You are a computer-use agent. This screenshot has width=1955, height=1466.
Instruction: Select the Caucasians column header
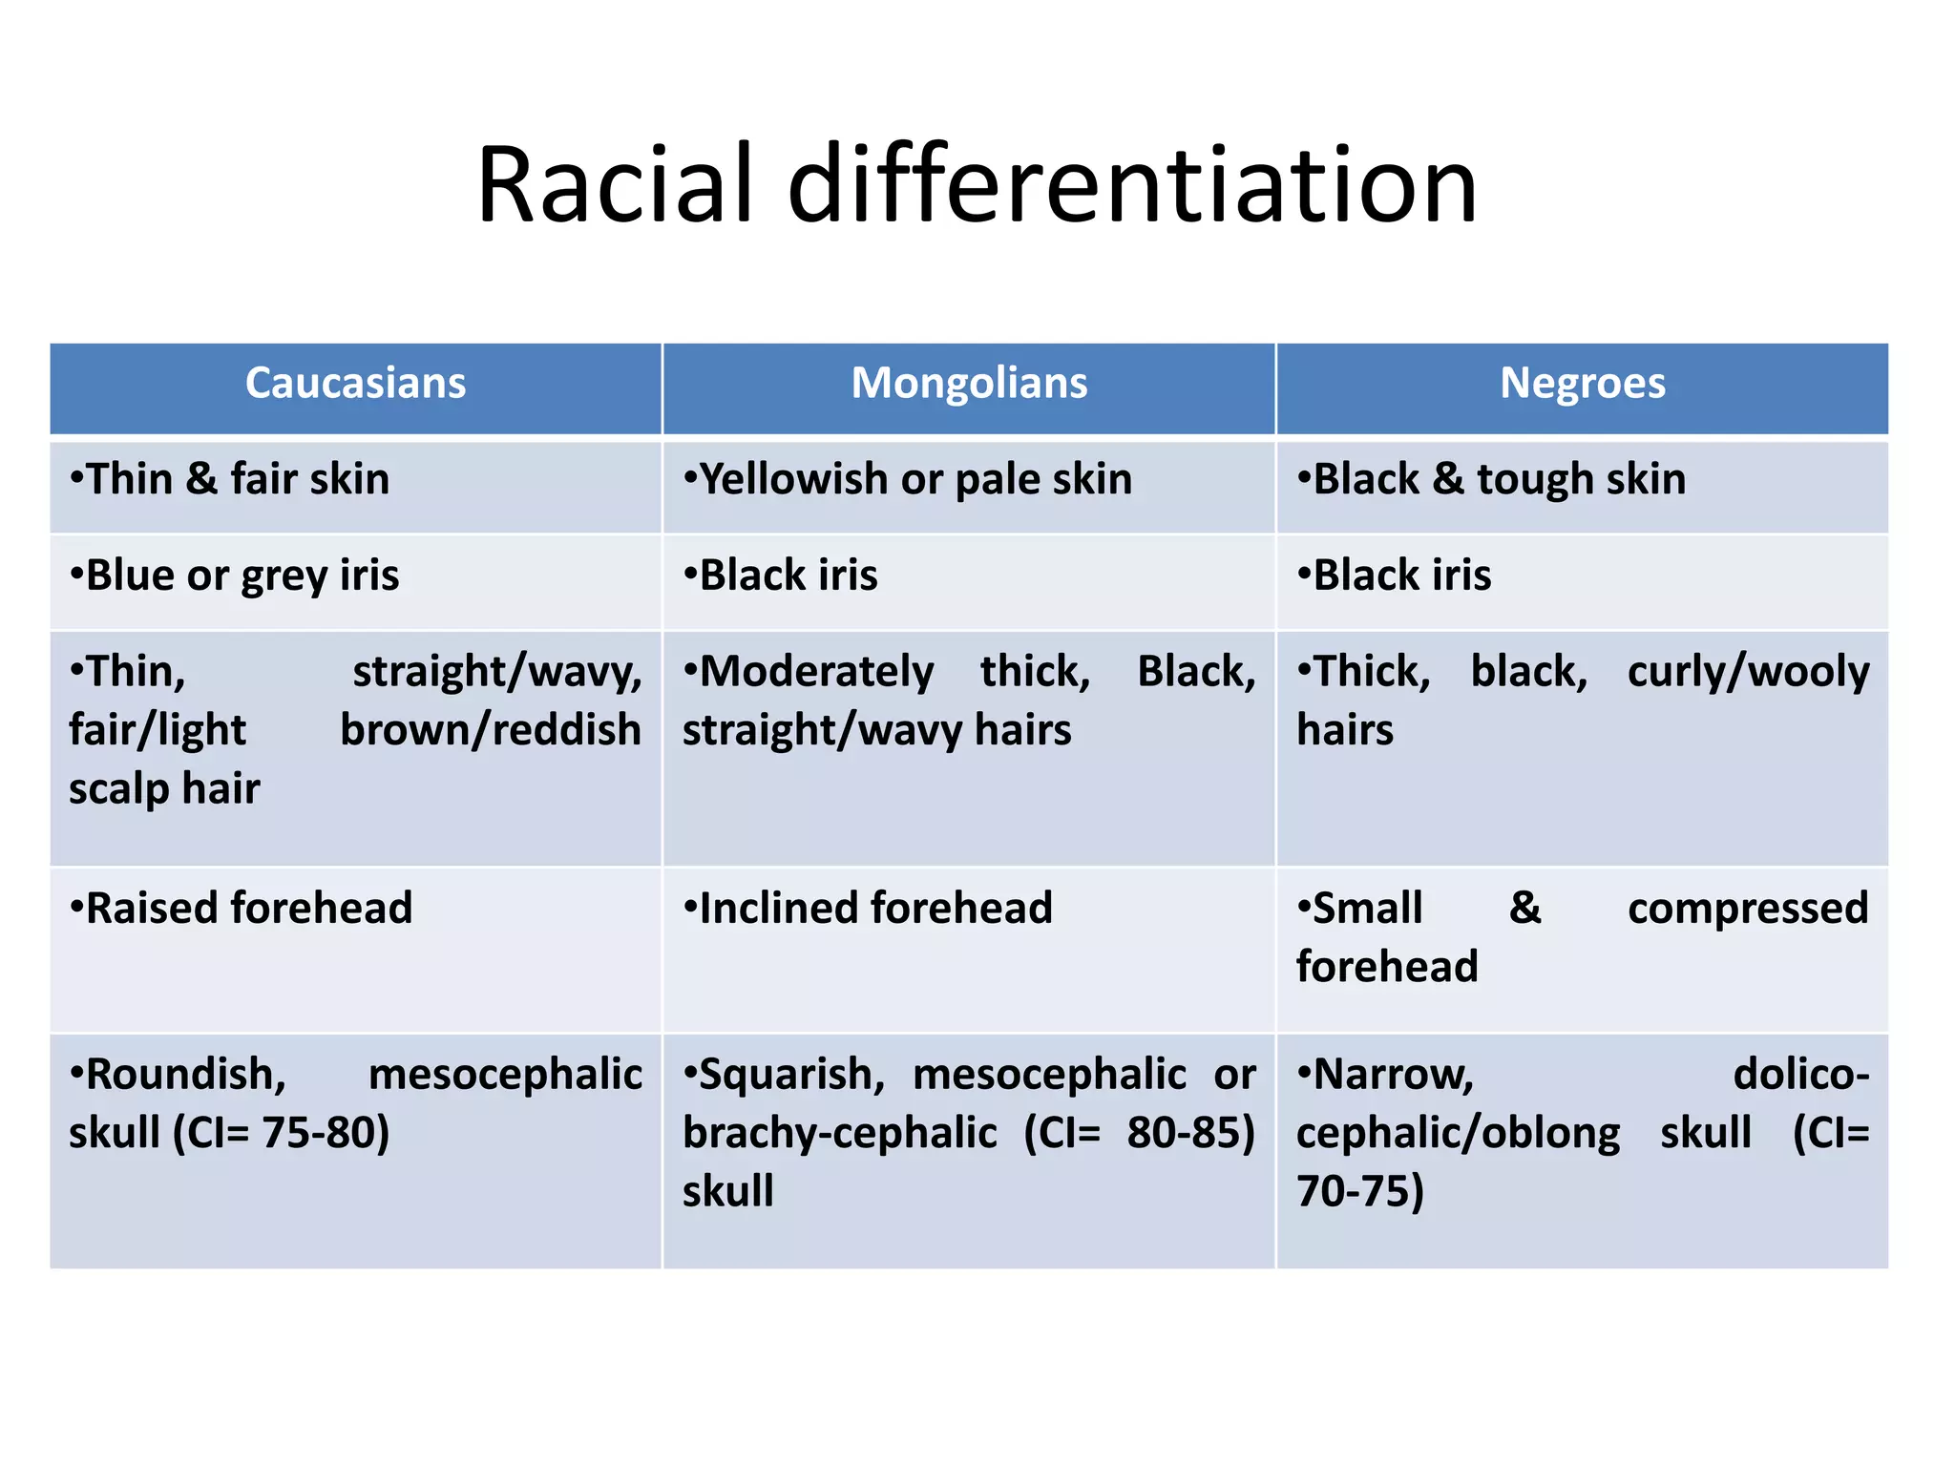coord(355,384)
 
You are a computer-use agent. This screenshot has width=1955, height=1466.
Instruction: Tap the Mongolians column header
coord(969,384)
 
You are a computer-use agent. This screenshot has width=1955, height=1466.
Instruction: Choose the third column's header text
coord(1582,384)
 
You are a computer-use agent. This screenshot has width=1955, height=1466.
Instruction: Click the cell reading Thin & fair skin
coord(230,479)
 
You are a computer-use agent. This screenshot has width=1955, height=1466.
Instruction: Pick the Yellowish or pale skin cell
coord(908,479)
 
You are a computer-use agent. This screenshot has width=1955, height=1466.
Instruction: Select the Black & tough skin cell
coord(1491,479)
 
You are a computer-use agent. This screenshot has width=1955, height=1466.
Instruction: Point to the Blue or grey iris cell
coord(235,576)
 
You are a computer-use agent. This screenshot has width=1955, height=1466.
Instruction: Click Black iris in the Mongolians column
coord(781,576)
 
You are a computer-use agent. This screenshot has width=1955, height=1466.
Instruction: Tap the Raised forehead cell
coord(242,909)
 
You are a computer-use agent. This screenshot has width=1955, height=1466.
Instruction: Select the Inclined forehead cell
coord(868,909)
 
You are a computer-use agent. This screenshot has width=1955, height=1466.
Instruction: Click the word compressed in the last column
coord(1747,909)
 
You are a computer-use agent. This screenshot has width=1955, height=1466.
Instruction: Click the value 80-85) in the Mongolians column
coord(1189,1134)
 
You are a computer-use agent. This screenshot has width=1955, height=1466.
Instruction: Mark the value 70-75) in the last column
coord(1360,1192)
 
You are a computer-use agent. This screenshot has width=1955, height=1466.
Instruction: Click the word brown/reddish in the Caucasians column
coord(491,731)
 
